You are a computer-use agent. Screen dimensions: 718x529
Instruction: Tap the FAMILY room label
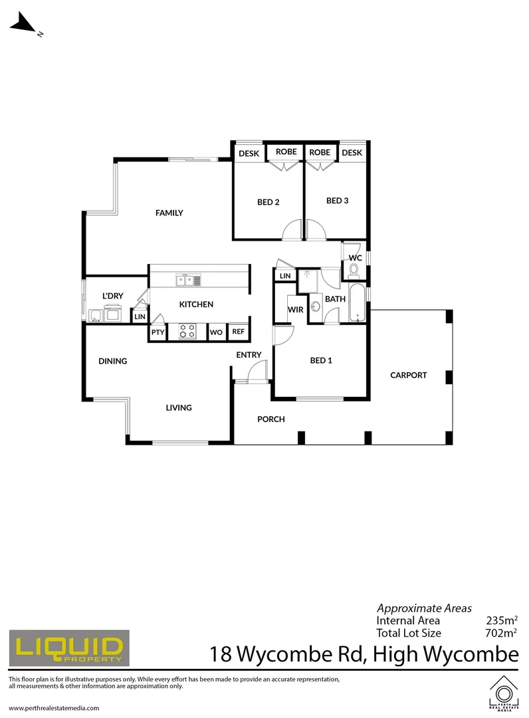(169, 213)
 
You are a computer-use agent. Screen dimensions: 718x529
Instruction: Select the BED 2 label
(268, 202)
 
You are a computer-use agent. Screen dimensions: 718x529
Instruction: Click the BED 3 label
(338, 200)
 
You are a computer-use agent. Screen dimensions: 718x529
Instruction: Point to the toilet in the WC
(354, 270)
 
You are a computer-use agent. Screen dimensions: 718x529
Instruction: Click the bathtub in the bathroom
(358, 302)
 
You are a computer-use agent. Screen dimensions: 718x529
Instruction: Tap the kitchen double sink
(189, 280)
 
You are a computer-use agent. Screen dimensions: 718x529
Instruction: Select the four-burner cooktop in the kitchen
(188, 330)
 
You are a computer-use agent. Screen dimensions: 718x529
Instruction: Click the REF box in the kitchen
(238, 332)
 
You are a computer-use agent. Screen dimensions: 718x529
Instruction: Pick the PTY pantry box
(158, 332)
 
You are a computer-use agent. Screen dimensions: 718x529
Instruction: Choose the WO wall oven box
(216, 332)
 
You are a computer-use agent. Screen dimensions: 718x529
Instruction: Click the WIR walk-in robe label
(295, 309)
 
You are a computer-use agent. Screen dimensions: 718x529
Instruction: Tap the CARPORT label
(408, 375)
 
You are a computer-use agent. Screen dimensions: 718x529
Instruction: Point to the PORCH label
(271, 419)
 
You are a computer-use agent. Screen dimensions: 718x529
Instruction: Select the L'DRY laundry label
(112, 296)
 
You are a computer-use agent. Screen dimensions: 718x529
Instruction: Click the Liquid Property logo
(68, 647)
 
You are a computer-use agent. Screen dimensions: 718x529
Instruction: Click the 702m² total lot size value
(502, 633)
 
